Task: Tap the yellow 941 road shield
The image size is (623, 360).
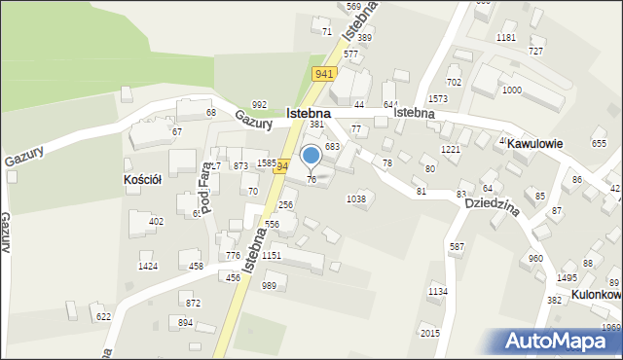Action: tap(324, 74)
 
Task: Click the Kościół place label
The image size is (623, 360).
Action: tap(143, 181)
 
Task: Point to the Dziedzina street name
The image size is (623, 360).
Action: tap(491, 209)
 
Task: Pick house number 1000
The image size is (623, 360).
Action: tap(511, 90)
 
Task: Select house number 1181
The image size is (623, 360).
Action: tap(505, 38)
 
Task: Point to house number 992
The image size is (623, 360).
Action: tap(259, 105)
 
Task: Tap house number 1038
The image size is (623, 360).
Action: tap(356, 199)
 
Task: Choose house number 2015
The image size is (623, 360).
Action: tap(429, 334)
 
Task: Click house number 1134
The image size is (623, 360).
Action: tap(438, 292)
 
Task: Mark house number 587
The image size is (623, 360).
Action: tap(457, 248)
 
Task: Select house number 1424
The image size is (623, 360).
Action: tap(148, 267)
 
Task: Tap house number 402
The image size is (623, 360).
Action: tap(156, 222)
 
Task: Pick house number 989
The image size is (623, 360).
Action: tap(269, 285)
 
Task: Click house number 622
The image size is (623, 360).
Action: tap(103, 317)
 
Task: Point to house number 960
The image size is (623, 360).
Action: tap(535, 259)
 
